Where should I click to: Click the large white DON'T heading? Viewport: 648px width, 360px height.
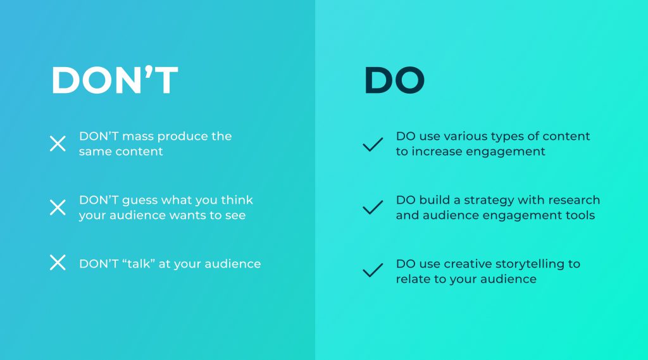115,80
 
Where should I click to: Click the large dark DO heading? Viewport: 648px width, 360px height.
394,80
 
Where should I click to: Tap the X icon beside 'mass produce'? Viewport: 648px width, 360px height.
58,144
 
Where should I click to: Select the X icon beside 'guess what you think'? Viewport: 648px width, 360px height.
58,208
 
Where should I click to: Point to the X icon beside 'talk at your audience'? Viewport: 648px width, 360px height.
58,263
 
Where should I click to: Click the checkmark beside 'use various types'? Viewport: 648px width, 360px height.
373,145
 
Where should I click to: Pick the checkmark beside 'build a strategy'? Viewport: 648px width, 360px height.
373,208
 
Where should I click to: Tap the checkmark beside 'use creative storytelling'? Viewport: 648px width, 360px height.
373,270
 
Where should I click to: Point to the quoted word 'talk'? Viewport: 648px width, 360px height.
139,264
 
